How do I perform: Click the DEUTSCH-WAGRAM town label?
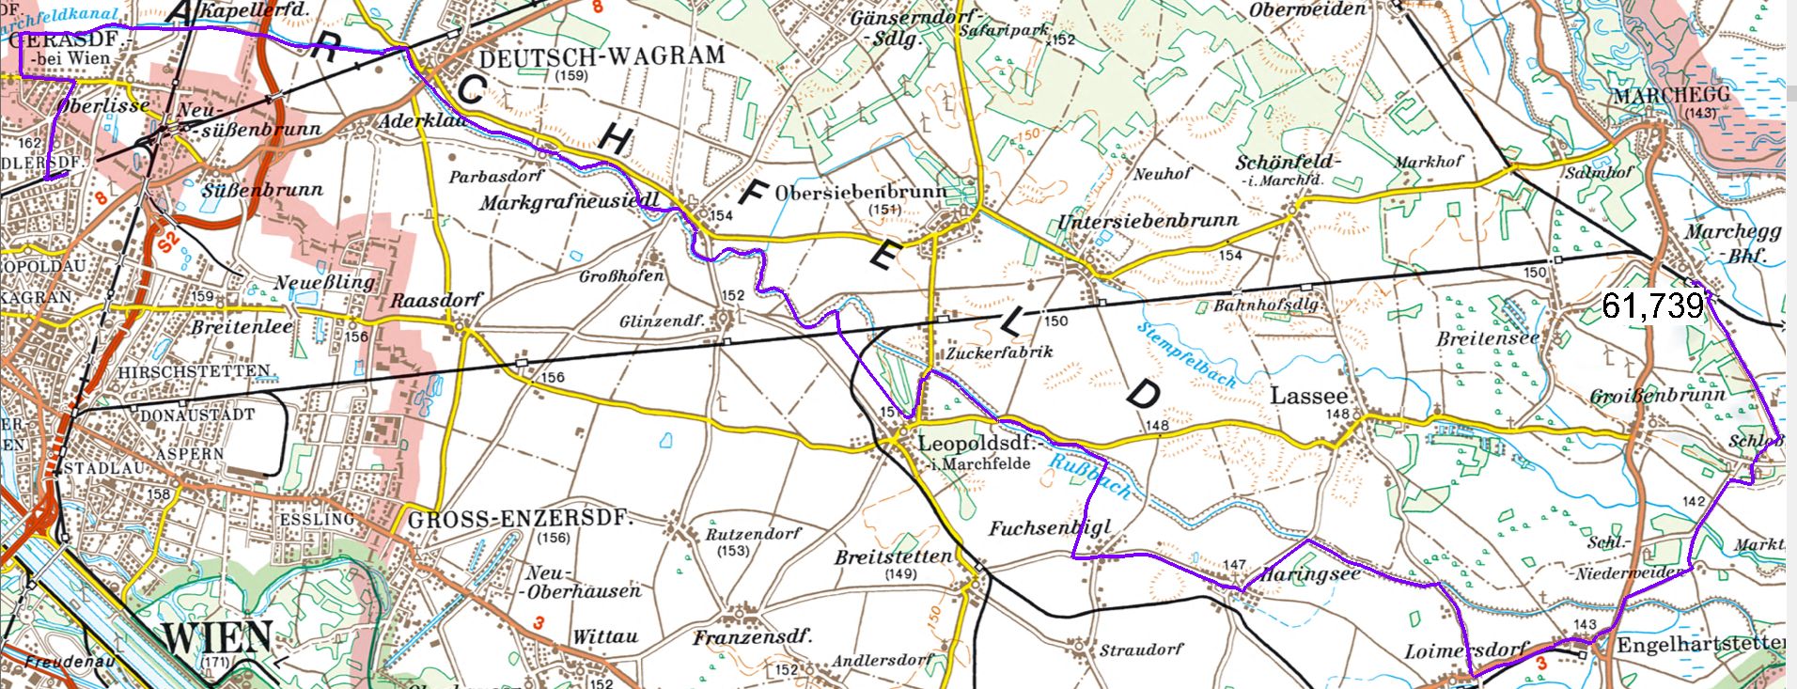point(602,56)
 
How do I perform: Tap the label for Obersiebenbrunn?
point(861,192)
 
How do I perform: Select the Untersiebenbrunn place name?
point(1148,222)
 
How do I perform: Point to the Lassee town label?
point(1309,396)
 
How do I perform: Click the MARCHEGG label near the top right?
point(1670,96)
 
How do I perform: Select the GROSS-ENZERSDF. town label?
point(521,519)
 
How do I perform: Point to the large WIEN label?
point(217,639)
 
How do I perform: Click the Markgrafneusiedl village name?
point(570,202)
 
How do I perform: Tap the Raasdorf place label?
point(436,300)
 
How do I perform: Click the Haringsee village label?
point(1309,573)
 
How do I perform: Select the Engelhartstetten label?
point(1699,644)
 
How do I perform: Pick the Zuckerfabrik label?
point(986,352)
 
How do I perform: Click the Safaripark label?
point(1004,30)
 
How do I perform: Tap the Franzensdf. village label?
point(752,638)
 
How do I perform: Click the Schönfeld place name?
point(1287,163)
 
